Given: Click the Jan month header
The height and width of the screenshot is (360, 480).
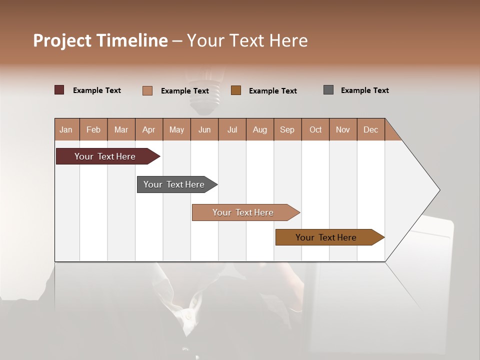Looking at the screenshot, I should pos(66,129).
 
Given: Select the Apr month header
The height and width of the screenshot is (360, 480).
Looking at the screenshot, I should pos(149,129).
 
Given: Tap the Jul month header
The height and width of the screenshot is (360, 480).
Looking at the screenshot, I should pos(232,129).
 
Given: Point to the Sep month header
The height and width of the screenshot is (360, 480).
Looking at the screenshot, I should pos(287,129).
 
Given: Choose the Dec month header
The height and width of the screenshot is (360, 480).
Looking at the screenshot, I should pos(370,129).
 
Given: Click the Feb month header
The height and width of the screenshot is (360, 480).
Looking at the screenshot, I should pos(93,129).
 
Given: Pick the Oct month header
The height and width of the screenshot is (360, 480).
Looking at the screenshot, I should pos(315,129).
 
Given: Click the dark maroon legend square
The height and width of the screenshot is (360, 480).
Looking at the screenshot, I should pos(59,90).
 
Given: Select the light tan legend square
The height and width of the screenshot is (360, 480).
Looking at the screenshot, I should pos(147,90).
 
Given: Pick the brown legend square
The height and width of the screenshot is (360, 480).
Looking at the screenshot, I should pos(236,90).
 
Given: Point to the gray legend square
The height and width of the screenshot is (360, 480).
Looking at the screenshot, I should pos(328,90).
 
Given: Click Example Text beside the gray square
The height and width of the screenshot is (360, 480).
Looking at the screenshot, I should pos(364,90).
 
